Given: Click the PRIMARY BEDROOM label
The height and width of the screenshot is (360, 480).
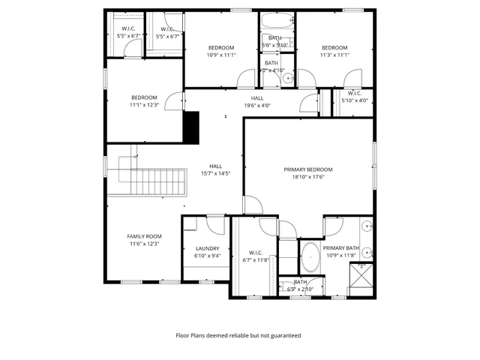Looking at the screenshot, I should tap(308, 169).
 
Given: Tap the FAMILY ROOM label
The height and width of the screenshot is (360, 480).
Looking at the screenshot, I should tap(144, 236).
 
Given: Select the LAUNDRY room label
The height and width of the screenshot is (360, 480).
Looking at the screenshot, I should tap(207, 248).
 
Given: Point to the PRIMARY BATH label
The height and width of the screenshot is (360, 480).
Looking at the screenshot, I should tap(341, 248).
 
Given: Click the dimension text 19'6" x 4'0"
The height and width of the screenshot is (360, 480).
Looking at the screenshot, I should tap(257, 106).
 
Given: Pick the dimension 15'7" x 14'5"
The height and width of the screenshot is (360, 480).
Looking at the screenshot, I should tap(215, 173).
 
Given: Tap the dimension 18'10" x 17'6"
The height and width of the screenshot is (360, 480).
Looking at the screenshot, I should tap(308, 177).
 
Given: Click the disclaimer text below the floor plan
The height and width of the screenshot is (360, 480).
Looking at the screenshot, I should tap(238, 335).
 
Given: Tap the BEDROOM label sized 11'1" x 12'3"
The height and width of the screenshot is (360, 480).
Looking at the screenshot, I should tap(144, 97).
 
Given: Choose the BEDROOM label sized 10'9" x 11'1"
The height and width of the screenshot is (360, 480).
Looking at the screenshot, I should tap(221, 47).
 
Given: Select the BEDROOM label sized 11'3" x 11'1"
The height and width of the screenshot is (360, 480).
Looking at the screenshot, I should tap(334, 47).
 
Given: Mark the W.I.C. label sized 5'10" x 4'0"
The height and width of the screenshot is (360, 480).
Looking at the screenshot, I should tap(355, 94).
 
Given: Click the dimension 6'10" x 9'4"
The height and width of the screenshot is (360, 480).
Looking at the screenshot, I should tap(207, 256).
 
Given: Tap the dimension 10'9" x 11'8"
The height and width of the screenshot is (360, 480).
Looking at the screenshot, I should tap(341, 256).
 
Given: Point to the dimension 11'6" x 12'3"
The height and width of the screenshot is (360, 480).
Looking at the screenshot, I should tap(144, 244).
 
